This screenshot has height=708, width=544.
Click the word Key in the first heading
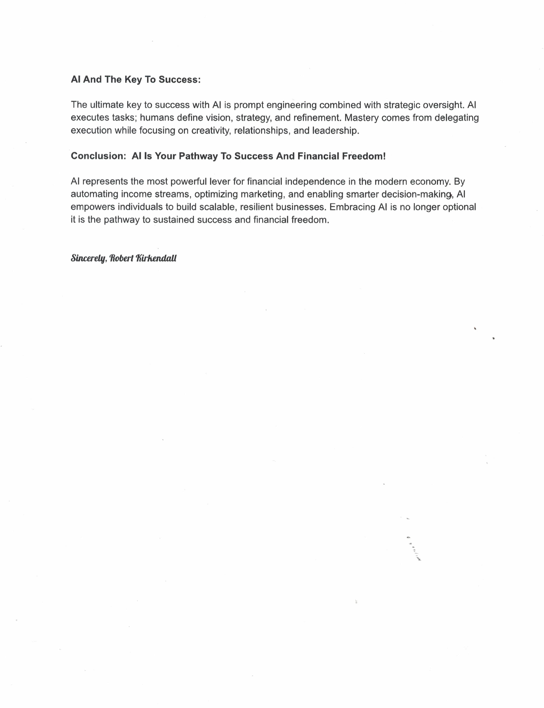(x=133, y=80)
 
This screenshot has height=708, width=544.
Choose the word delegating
(x=457, y=118)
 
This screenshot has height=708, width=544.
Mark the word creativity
(x=211, y=130)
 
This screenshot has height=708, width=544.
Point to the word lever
(x=219, y=182)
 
